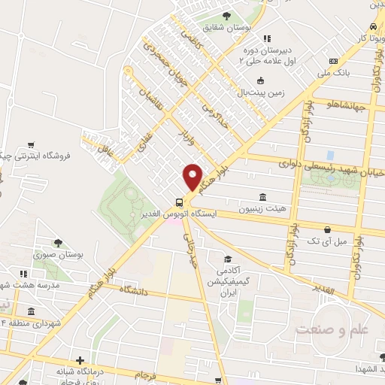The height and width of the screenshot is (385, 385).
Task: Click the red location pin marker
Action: coord(193,177)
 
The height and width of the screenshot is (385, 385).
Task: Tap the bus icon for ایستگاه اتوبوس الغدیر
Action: coord(179,202)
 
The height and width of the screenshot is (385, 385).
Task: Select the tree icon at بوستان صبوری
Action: coord(58,242)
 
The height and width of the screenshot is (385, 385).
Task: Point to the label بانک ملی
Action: coord(332,74)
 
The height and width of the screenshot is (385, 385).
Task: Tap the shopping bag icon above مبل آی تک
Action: coord(326,229)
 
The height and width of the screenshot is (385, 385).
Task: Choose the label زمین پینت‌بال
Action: coord(259,94)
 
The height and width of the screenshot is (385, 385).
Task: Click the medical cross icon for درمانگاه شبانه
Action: coord(80,360)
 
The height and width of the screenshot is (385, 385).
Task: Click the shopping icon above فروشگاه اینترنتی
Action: coord(31,145)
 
